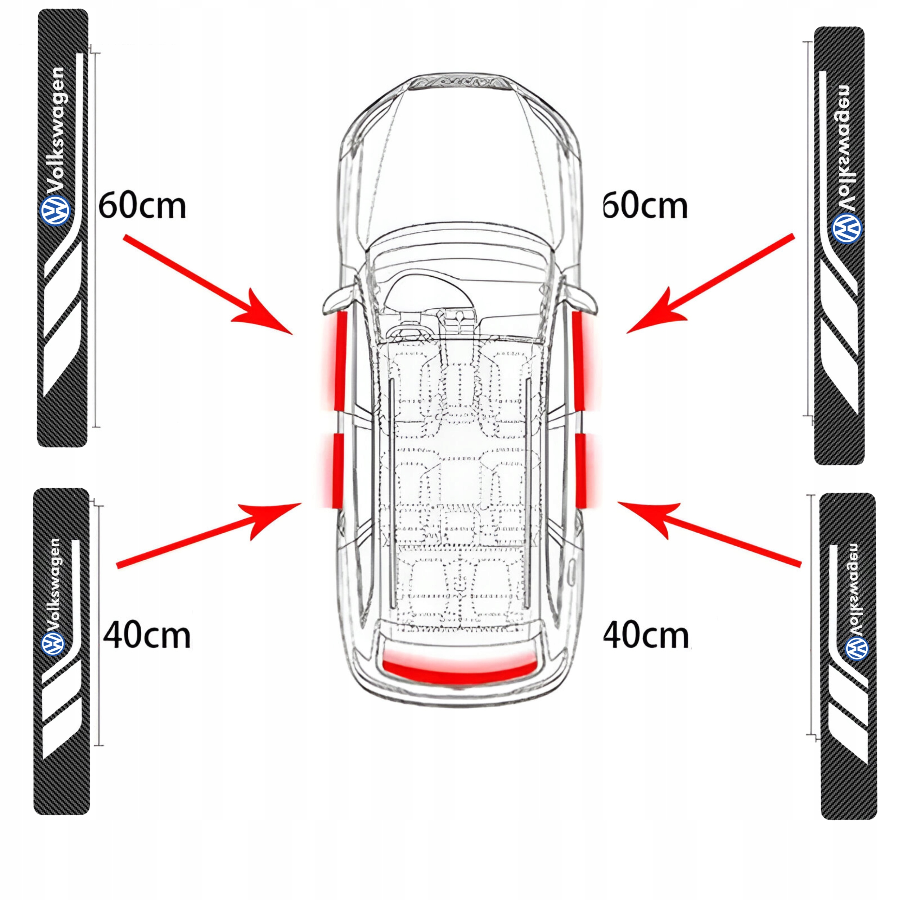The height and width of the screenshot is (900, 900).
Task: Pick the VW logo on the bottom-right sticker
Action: click(x=857, y=648)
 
